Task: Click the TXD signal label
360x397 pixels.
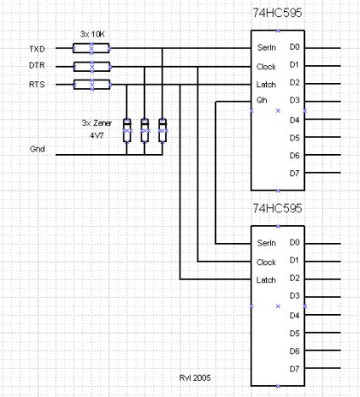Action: point(37,49)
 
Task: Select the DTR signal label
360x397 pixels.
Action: point(37,65)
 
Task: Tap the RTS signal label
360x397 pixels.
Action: point(37,85)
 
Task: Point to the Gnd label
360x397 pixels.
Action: point(37,149)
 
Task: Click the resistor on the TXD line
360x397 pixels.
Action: point(91,48)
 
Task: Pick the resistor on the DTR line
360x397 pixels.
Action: point(91,67)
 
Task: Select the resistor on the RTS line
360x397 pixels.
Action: point(91,85)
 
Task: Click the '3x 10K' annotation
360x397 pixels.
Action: point(92,35)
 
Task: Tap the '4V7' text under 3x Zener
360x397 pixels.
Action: point(97,135)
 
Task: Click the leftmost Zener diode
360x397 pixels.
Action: point(127,130)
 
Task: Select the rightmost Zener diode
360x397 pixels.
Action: point(163,130)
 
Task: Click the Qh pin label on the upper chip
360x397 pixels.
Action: point(262,100)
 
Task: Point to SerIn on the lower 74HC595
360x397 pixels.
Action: point(266,243)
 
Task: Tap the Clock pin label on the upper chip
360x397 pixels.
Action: point(266,67)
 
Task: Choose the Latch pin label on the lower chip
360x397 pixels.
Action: point(266,280)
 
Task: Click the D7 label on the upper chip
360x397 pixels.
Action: point(295,174)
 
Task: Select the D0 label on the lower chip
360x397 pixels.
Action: point(295,242)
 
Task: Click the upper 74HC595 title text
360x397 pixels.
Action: point(277,13)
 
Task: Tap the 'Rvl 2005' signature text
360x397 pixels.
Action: point(195,378)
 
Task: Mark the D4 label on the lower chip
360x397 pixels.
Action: point(295,316)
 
